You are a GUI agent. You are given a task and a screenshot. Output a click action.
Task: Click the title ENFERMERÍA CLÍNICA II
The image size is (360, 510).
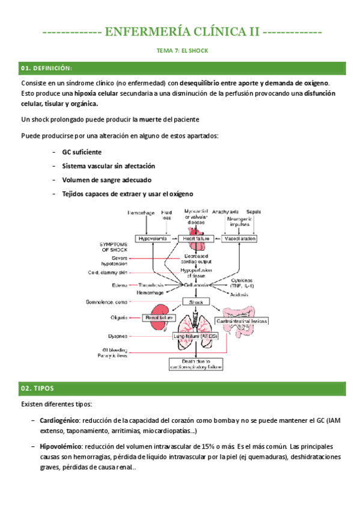tap(180, 31)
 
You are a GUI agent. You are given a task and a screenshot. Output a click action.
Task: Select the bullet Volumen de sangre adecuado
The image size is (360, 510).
tap(106, 180)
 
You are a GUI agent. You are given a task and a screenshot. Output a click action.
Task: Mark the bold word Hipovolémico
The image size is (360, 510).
tap(60, 447)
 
